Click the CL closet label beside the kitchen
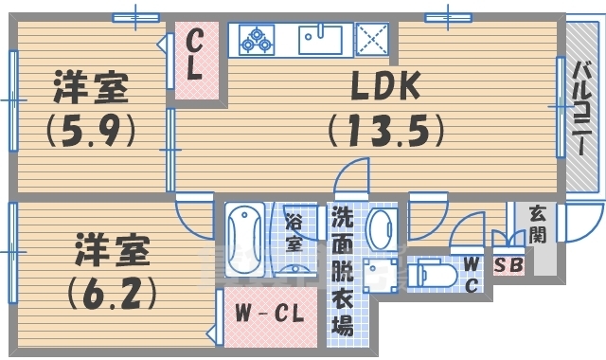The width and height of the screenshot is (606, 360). coord(195,54)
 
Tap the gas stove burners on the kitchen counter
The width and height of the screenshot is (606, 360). coord(256,40)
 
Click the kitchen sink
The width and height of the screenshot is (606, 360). coord(320,40)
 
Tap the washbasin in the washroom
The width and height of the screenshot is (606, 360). coord(383,228)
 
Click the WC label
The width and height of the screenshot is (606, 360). coord(472,272)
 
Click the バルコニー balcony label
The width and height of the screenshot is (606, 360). coord(583,104)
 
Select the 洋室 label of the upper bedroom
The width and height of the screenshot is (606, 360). coord(90,90)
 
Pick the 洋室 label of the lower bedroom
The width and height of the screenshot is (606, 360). coord(111,252)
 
